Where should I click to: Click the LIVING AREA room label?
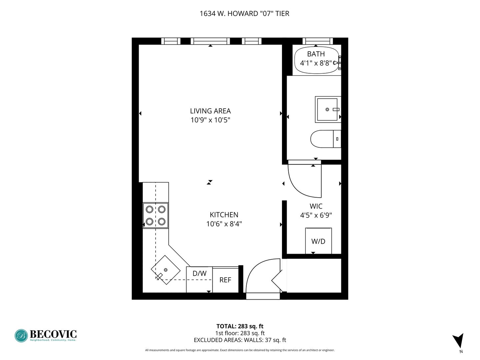click(x=210, y=111)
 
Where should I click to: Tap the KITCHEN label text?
click(x=224, y=215)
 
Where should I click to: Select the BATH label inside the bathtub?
click(x=316, y=54)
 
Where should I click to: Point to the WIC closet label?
click(x=316, y=206)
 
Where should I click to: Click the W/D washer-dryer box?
click(x=318, y=241)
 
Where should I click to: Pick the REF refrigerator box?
click(x=225, y=280)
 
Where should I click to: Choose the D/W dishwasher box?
click(x=199, y=280)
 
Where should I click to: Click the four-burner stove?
click(x=155, y=216)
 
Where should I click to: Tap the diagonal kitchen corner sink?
click(x=166, y=270)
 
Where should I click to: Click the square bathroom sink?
click(x=328, y=109)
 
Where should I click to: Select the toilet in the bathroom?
click(x=326, y=139)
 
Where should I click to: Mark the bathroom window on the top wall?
click(x=318, y=41)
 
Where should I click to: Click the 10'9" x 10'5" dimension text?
click(x=210, y=120)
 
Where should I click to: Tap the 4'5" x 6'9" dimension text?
click(x=316, y=215)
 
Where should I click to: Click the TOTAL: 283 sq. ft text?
click(x=240, y=326)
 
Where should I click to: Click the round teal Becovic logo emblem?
click(x=21, y=336)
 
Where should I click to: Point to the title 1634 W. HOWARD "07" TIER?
click(x=244, y=14)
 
